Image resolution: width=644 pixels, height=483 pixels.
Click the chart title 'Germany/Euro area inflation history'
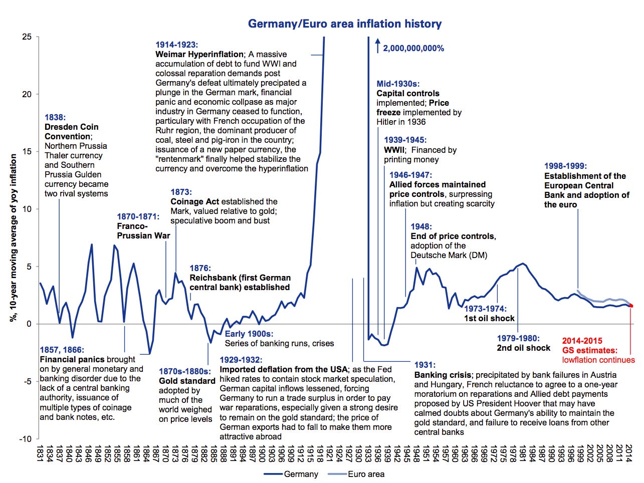tap(345, 24)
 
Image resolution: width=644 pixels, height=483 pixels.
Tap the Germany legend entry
tap(291, 474)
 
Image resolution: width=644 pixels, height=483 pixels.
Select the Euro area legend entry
tap(356, 474)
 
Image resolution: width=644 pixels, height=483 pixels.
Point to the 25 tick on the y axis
tap(27, 37)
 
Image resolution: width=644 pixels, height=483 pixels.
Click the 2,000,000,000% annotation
tap(413, 49)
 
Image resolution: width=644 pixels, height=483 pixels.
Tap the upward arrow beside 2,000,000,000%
tap(378, 46)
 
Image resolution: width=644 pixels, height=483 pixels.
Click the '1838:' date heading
tap(55, 117)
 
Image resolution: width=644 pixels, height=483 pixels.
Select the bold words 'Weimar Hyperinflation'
tap(199, 54)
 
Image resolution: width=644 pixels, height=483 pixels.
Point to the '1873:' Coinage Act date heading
tap(181, 192)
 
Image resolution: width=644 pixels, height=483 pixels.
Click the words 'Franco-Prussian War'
tap(143, 231)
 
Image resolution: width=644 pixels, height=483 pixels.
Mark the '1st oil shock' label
tap(489, 319)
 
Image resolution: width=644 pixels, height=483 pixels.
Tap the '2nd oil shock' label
tap(523, 348)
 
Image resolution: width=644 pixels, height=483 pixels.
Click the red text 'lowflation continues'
tap(598, 360)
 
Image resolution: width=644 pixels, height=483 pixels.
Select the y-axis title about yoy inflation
tap(14, 238)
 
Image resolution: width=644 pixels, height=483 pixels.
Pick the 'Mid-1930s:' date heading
tap(398, 84)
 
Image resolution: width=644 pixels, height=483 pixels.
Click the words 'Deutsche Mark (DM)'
tap(449, 255)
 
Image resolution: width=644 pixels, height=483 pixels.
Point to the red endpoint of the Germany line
tap(631, 306)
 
